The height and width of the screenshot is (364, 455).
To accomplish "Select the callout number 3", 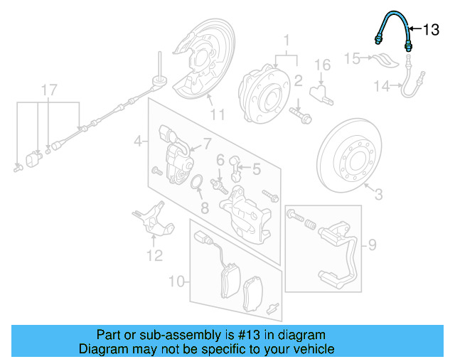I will [x=378, y=193].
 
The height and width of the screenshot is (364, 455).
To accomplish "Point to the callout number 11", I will [x=217, y=112].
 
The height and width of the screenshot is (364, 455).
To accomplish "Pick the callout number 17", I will [x=48, y=90].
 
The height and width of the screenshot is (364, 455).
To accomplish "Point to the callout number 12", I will [x=155, y=255].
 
